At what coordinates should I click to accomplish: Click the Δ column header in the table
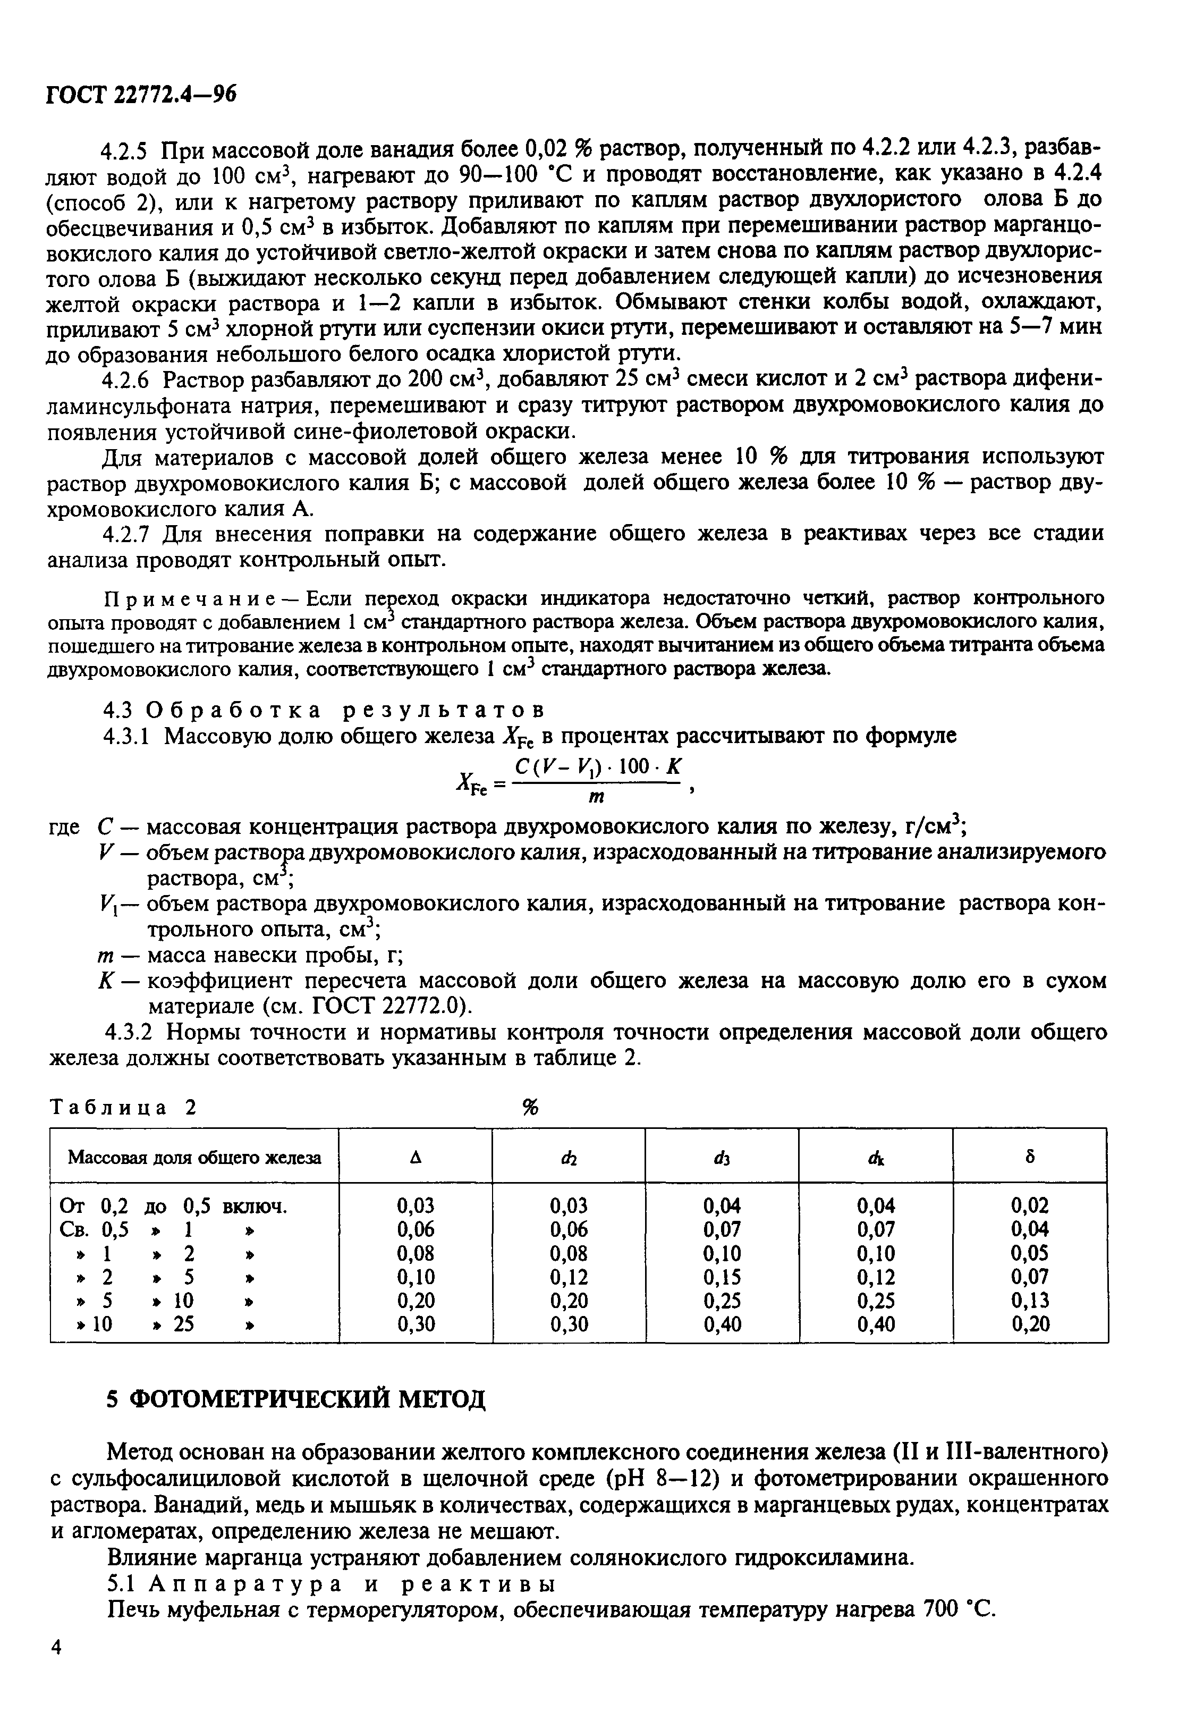tap(415, 1157)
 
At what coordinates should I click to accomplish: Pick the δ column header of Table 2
tap(1030, 1157)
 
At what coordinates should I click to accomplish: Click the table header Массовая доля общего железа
tap(194, 1158)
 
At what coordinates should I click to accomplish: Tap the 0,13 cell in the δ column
tap(1030, 1300)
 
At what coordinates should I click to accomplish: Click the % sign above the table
tap(530, 1108)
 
